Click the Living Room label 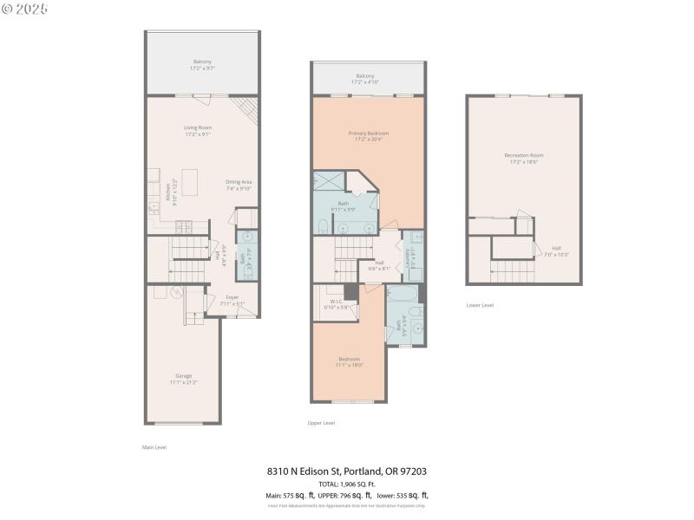[198, 131]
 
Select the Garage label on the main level [184, 378]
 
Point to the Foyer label [232, 301]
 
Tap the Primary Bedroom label [369, 136]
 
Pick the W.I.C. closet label [335, 305]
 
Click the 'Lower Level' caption [480, 305]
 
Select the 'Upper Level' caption [321, 423]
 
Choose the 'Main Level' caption [154, 447]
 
